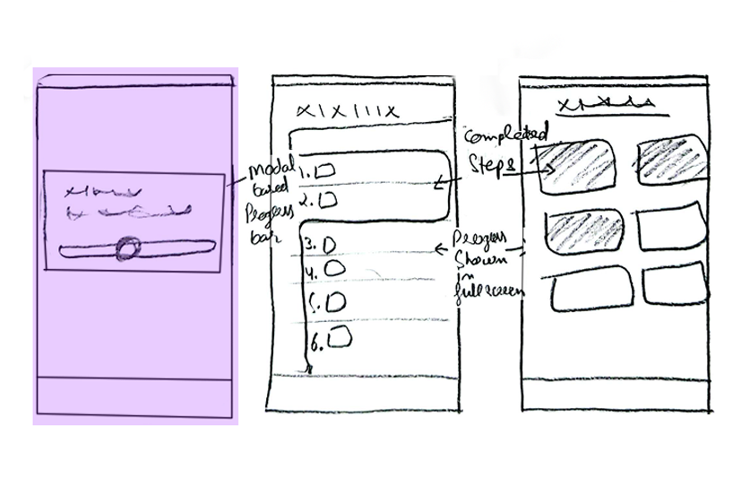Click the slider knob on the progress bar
pos(129,248)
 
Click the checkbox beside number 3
pos(329,243)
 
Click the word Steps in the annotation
pos(490,165)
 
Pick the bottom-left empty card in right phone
pos(585,292)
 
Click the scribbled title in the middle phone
pos(346,110)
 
